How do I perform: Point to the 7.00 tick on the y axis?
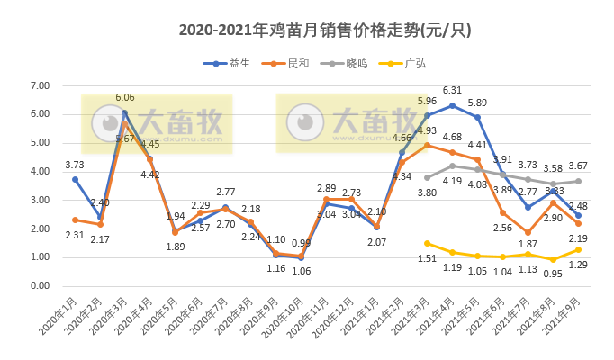(39, 85)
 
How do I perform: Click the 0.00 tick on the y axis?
(39, 286)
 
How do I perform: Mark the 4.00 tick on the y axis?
(39, 171)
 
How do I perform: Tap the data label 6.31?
(452, 90)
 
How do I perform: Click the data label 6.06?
(125, 97)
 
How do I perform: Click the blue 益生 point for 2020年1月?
(75, 179)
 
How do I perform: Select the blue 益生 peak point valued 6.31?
(452, 105)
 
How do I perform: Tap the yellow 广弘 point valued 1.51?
(427, 243)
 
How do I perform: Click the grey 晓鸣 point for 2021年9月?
(578, 181)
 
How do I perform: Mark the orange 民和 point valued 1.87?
(528, 232)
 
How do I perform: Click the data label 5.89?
(477, 103)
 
